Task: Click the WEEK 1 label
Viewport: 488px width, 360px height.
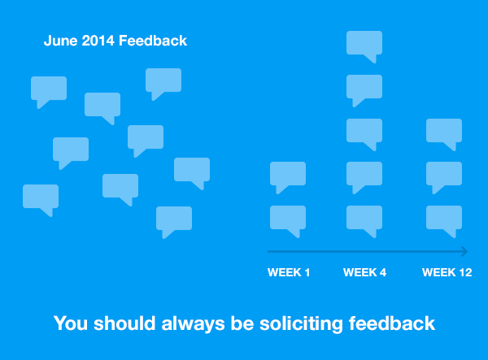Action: (289, 272)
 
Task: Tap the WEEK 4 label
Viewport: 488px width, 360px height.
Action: (364, 272)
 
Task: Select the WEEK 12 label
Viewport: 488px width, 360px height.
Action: (447, 272)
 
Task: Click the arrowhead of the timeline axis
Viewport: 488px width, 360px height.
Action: (464, 251)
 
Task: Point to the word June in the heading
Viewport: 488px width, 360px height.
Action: (61, 41)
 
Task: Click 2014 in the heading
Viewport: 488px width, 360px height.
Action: (98, 41)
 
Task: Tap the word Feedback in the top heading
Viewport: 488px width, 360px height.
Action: (153, 41)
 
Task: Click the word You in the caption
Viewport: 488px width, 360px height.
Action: (70, 323)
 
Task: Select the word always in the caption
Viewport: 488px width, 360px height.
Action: (193, 323)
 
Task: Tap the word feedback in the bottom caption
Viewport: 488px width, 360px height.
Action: (392, 323)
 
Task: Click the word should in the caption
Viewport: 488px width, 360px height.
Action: (124, 323)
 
